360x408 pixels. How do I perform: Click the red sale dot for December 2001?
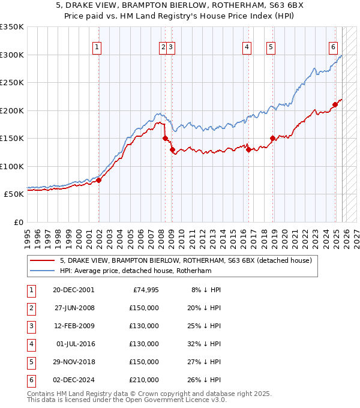98,181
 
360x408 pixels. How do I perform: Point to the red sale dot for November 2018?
272,138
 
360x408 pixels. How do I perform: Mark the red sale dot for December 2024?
335,104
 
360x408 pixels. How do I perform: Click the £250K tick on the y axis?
12,83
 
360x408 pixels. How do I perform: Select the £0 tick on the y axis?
18,223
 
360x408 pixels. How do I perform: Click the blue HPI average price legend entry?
136,271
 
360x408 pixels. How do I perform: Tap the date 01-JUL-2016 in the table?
74,344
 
